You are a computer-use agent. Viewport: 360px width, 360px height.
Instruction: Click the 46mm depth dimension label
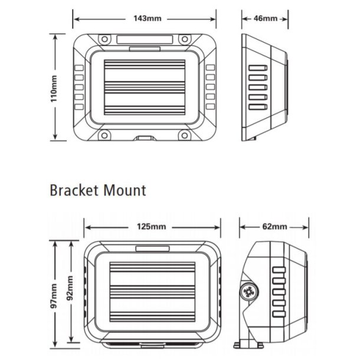coord(265,18)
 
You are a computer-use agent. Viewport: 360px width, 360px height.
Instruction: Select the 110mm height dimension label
coord(54,87)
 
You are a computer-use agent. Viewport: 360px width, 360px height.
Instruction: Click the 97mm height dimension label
coord(54,297)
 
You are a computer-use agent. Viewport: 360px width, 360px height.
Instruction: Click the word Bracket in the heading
coord(76,191)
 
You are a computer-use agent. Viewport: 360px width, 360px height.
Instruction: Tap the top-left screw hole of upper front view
coord(104,40)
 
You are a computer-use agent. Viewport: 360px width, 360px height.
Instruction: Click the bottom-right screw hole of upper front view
coord(186,135)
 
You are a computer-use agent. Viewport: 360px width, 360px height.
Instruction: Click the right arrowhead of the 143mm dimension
coord(217,18)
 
